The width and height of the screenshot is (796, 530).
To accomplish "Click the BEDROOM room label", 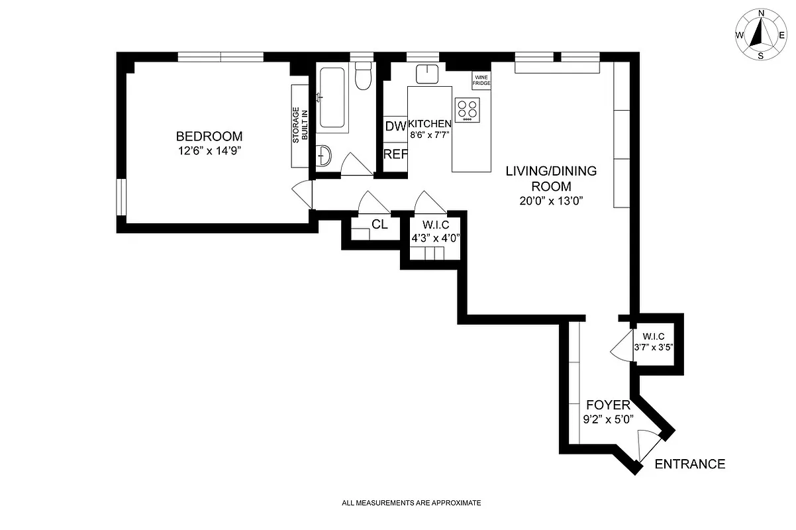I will click(209, 136).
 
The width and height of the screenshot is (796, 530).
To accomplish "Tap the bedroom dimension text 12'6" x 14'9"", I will click(209, 151).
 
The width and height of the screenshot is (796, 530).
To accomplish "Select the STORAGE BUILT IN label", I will click(301, 125).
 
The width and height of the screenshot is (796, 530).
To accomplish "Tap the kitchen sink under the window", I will click(428, 74).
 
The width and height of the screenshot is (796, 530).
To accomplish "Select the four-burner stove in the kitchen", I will click(468, 109).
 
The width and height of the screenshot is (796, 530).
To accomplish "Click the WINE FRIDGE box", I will click(481, 80).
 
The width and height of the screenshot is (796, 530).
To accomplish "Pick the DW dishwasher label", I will click(395, 126).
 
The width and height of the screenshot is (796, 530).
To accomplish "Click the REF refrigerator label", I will click(395, 154).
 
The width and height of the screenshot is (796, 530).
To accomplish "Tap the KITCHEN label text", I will click(430, 124).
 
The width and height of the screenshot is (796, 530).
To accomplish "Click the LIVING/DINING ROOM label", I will click(551, 178).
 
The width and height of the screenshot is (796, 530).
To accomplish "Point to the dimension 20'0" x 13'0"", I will click(551, 201).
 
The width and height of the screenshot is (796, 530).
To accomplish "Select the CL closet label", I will click(379, 225).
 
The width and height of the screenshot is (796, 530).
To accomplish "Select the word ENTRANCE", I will click(689, 464).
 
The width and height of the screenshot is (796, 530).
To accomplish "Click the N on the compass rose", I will click(761, 13).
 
